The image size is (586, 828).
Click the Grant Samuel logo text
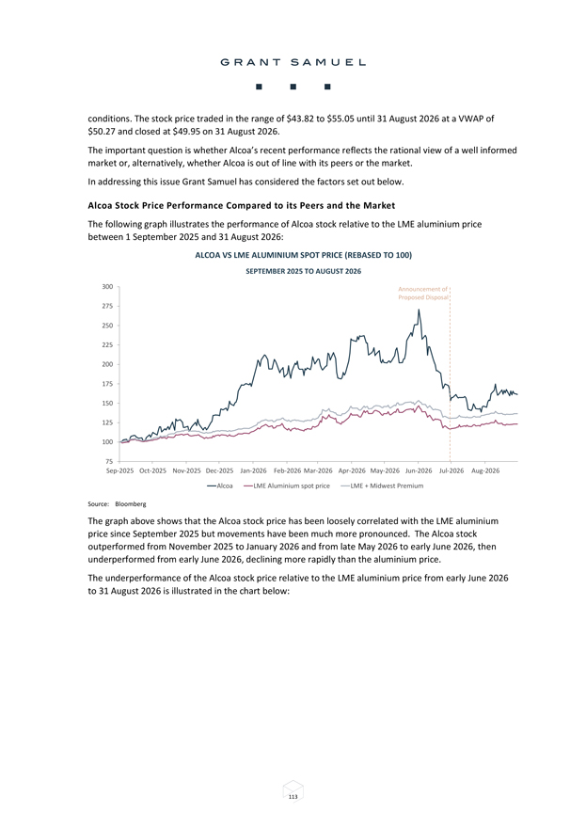293,62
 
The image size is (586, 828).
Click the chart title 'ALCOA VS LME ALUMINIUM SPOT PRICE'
269,255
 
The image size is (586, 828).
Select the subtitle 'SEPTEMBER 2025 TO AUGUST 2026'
304,271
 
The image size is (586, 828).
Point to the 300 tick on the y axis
107,287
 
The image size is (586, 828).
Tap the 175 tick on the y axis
107,384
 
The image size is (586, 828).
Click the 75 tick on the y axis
109,462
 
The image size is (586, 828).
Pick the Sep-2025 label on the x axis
119,470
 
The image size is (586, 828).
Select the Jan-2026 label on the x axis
253,470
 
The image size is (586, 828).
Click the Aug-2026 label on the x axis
485,470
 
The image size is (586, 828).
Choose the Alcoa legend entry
219,486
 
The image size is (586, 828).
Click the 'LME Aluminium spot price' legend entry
287,486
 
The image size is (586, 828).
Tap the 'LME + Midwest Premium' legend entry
382,486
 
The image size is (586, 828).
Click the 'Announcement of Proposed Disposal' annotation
423,293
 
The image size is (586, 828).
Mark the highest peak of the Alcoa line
419,310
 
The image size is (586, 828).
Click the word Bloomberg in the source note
131,503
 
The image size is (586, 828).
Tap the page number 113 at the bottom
293,797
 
